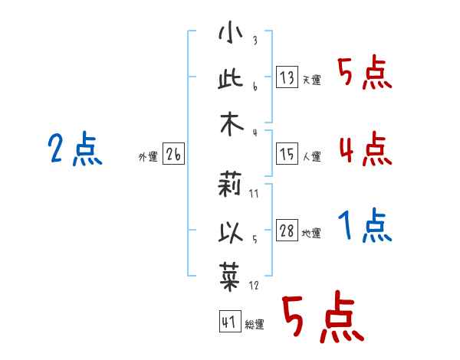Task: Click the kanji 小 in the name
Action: [231, 32]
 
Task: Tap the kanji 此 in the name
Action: [231, 79]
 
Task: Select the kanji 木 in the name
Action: [232, 124]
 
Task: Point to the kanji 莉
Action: [230, 184]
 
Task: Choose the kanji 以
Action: [231, 231]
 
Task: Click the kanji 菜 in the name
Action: [230, 277]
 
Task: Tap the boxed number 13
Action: [287, 77]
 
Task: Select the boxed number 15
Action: [287, 154]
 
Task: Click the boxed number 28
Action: [287, 230]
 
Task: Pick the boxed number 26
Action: [173, 154]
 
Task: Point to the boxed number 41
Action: [230, 322]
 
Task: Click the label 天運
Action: [312, 80]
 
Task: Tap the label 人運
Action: [312, 156]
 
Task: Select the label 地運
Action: [311, 233]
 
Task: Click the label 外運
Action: [148, 156]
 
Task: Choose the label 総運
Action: [255, 324]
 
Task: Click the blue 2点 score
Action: [75, 149]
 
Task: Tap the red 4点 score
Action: [366, 149]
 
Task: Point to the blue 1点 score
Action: [365, 225]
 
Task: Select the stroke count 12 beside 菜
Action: [254, 285]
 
